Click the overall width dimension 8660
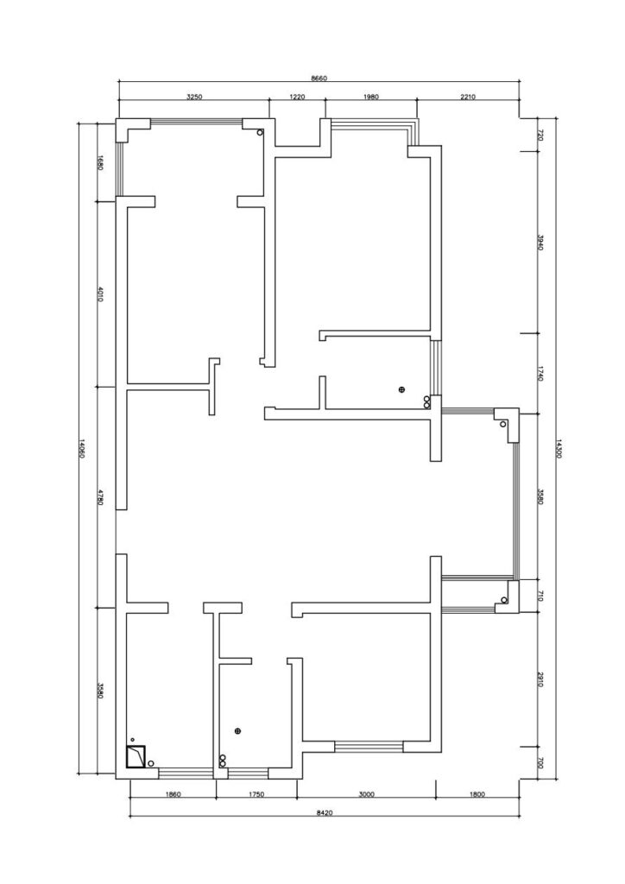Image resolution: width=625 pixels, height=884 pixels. pos(319,79)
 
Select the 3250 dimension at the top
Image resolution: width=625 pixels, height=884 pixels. pos(194,97)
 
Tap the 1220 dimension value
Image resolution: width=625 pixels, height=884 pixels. pos(297,97)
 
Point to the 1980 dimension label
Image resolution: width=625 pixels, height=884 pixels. pos(371,97)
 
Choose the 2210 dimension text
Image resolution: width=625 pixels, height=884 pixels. pos(468,97)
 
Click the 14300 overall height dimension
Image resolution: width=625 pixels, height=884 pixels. pos(559,449)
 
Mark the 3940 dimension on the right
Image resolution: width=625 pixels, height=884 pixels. pos(540,243)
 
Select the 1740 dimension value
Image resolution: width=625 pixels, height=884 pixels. pos(540,374)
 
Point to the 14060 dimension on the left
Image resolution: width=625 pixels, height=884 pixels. pos(81,448)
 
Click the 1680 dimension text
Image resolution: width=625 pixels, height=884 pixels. pos(100,163)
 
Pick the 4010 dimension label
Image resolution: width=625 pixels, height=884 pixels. pos(100,294)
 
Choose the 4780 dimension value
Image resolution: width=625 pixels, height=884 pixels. pos(100,497)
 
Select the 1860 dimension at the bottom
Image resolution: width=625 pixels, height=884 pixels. pos(173,795)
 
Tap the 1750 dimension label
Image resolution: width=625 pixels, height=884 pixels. pos(256,795)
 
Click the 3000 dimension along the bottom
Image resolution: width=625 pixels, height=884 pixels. pos(366,795)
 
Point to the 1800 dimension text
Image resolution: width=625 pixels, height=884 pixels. pos(477,795)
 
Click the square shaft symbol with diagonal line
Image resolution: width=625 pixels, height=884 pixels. pos(136,757)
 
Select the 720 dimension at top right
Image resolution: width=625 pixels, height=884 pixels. pos(540,135)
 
